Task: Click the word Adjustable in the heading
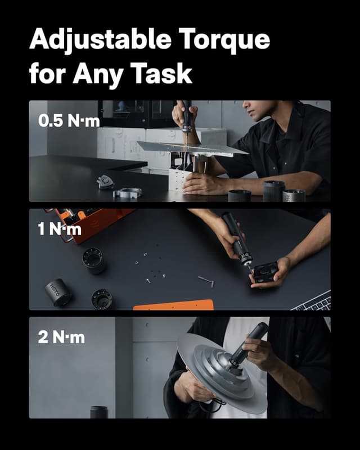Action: tap(93, 40)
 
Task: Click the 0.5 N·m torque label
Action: tap(68, 121)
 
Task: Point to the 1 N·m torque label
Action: tap(60, 229)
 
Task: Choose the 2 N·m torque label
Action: tap(61, 337)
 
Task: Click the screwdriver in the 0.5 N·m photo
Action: tap(187, 121)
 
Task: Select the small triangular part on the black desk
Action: tap(105, 181)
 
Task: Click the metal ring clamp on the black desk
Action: tap(128, 193)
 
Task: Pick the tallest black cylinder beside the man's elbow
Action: tap(274, 191)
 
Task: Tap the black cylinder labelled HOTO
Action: tap(57, 292)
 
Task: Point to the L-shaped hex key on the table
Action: tap(206, 280)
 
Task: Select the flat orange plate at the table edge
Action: tap(174, 305)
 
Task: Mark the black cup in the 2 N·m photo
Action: tap(99, 412)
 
